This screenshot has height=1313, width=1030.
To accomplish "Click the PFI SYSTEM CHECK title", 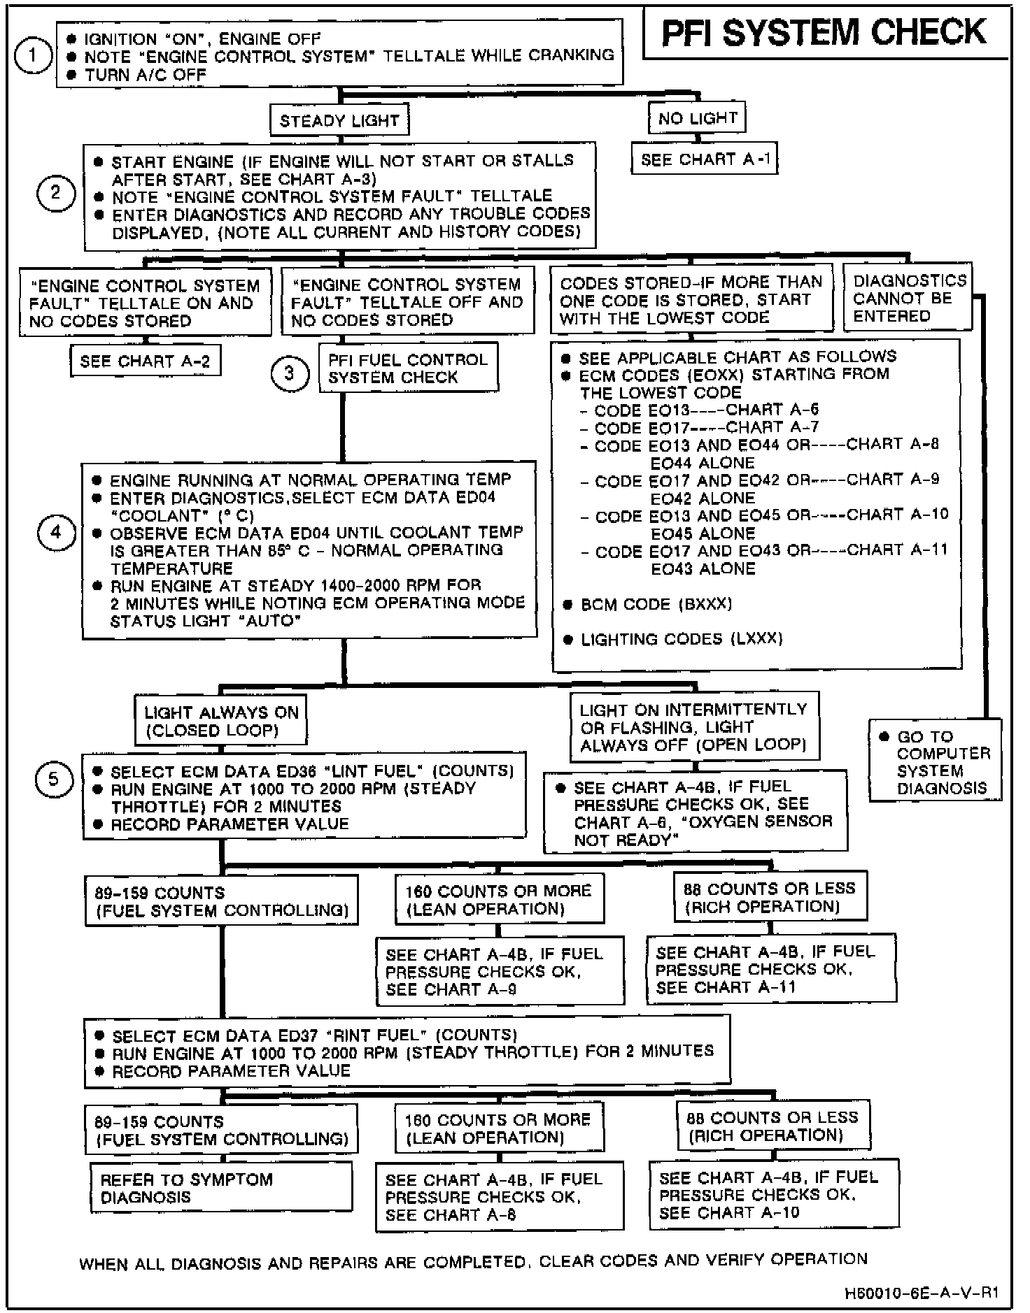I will pos(824,34).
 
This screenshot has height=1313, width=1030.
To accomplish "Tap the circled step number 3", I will pos(290,373).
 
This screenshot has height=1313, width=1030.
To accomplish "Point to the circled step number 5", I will pos(54,780).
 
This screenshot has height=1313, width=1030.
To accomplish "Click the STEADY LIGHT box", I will pos(339,121).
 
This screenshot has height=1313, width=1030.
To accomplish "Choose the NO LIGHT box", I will pos(698,118).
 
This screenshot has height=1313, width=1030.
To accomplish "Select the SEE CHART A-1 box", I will pos(705,160).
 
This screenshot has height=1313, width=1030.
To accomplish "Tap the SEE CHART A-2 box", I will pos(145,361).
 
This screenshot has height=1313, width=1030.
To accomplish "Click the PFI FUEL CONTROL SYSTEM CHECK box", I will pos(409,368).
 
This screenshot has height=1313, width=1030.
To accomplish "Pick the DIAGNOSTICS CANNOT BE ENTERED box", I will pos(908,299).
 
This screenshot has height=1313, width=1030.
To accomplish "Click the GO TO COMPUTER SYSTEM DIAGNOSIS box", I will pos(936,762).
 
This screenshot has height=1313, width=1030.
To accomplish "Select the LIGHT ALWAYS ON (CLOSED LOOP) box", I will pos(221,722).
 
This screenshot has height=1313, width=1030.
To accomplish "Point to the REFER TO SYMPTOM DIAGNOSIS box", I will pos(221,1188).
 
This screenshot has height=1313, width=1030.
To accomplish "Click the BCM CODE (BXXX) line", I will pos(656,604).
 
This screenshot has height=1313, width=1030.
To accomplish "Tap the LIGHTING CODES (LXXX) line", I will pos(681,639).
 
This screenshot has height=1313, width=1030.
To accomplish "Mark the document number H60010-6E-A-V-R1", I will pos(917,1293).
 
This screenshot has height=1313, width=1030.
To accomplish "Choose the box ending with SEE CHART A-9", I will pos(500,972).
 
